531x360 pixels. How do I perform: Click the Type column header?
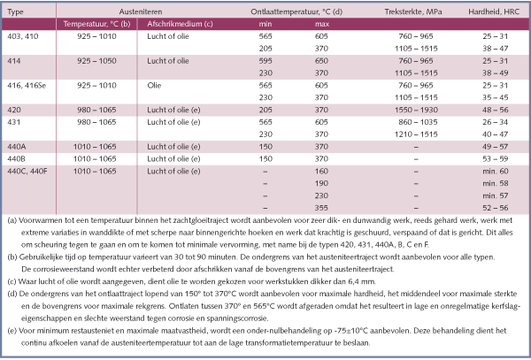tap(15, 11)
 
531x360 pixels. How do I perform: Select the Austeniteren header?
tap(141, 11)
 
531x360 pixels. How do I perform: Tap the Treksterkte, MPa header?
tap(413, 11)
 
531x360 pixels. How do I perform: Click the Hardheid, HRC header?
tap(494, 11)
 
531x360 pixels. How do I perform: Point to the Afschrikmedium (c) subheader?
tap(180, 24)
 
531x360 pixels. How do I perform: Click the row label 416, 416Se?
tap(27, 85)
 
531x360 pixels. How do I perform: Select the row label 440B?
tap(16, 158)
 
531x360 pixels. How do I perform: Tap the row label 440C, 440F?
tap(27, 172)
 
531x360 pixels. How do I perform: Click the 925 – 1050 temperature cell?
tap(96, 61)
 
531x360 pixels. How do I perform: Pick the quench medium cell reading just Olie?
tap(154, 85)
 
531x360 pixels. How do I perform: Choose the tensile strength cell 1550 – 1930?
tap(416, 110)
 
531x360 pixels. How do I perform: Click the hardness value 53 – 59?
tap(496, 158)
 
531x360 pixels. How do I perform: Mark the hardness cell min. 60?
tap(496, 172)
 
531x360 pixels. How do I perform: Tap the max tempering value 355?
tap(321, 208)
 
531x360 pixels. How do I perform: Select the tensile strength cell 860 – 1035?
tap(419, 122)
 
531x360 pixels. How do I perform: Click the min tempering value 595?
tap(265, 61)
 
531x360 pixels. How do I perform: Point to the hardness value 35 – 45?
tap(496, 97)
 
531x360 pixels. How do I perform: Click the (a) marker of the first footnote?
tap(12, 220)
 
